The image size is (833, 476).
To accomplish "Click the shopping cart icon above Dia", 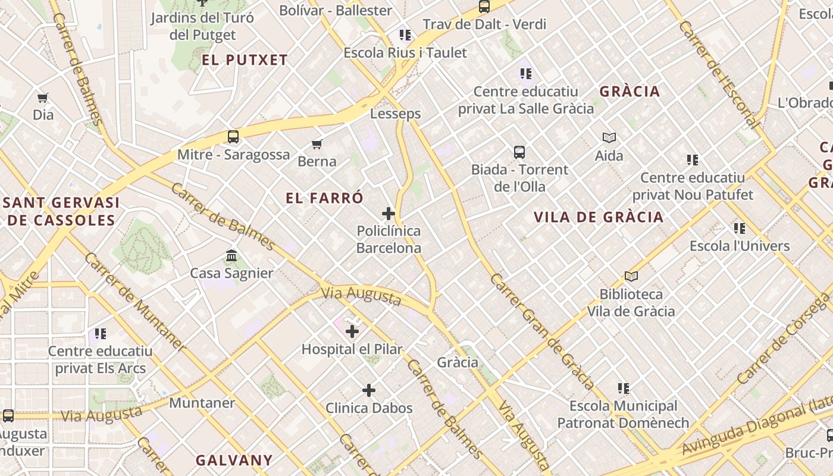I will [x=42, y=98].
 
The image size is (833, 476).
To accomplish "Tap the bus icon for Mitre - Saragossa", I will [x=233, y=137].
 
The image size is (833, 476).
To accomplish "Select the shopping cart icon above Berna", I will [x=317, y=144].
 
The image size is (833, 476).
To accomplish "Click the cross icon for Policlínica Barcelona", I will [x=389, y=213].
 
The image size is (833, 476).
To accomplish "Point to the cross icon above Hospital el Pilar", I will [x=352, y=331].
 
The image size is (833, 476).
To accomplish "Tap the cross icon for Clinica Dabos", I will [x=369, y=390].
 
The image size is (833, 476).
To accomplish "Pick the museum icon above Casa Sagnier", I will [x=231, y=256].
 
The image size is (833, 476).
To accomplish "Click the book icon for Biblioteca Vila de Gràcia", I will [x=631, y=276].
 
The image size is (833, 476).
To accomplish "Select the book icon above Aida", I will [x=609, y=138].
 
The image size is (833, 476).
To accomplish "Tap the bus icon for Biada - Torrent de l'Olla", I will [x=519, y=152].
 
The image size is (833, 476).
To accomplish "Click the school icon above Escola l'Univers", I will [x=740, y=228].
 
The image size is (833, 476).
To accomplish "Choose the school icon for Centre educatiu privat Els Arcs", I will [x=100, y=333].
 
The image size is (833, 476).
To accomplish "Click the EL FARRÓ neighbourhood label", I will [x=324, y=198].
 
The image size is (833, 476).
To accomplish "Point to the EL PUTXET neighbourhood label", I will [x=245, y=60].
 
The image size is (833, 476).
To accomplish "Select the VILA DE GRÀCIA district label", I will [x=599, y=217].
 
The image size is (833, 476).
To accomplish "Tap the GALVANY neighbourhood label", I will [x=234, y=460].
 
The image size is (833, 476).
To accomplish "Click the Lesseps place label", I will [x=395, y=114].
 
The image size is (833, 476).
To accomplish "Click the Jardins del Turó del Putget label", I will [x=202, y=26].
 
